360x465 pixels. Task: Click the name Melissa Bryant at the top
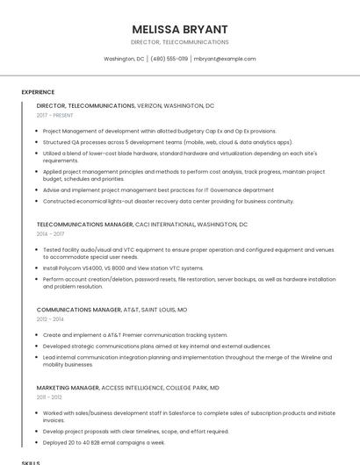(179, 29)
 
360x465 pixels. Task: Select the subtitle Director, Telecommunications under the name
(179, 42)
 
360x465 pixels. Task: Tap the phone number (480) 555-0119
(169, 59)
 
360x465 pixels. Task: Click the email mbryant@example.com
(225, 59)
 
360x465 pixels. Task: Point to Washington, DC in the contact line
(124, 59)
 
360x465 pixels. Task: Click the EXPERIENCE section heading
(38, 92)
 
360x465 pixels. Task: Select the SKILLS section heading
(31, 461)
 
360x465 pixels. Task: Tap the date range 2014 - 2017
(50, 234)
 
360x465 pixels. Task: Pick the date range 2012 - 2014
(50, 319)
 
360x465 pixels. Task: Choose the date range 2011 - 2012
(49, 397)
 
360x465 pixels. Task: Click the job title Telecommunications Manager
(85, 225)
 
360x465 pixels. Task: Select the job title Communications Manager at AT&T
(79, 310)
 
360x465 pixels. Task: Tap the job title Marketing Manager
(68, 387)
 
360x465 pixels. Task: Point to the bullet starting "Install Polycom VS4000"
(123, 268)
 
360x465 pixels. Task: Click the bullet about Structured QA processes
(167, 141)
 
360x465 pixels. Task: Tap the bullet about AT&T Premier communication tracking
(134, 335)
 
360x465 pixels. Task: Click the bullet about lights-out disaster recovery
(168, 201)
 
